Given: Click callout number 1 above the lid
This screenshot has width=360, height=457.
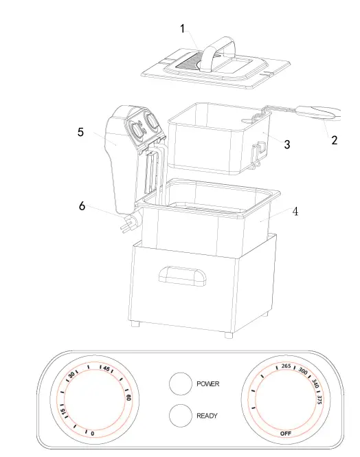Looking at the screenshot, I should click(x=183, y=28).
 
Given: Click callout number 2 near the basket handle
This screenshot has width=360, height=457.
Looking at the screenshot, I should click(x=334, y=140).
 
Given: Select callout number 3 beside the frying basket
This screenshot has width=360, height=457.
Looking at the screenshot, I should click(x=287, y=144).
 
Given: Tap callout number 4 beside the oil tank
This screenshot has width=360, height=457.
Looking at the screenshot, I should click(x=295, y=212).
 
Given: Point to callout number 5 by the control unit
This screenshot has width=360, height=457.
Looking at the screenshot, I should click(x=81, y=132).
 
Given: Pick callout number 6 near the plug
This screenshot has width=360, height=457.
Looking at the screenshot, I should click(x=82, y=206).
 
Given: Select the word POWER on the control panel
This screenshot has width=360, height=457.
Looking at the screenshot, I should click(x=208, y=384).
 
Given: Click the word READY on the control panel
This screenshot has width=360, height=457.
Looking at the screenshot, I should click(x=207, y=416).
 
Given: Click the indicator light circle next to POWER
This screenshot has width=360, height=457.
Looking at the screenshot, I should click(x=179, y=384).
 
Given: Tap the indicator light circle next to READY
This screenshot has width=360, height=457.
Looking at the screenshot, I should click(x=179, y=415).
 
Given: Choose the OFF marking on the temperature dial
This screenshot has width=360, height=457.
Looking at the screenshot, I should click(x=286, y=433).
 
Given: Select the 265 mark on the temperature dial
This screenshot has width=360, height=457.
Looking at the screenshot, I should click(x=286, y=366).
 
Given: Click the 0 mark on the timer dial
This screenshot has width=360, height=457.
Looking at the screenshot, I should click(x=92, y=433).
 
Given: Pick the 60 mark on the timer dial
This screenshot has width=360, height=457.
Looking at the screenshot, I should click(x=128, y=397).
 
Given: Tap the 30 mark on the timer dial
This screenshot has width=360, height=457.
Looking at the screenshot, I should click(x=71, y=375).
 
